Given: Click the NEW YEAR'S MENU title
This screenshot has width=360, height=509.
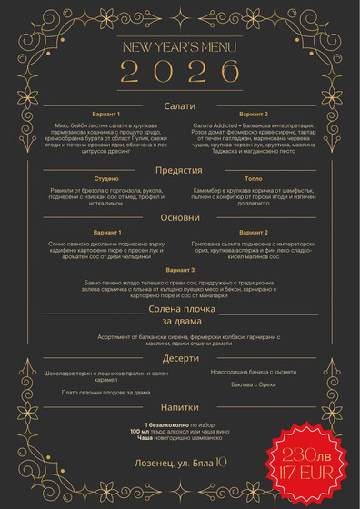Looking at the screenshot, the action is click(x=179, y=47).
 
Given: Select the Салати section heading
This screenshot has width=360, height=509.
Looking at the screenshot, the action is click(x=179, y=106).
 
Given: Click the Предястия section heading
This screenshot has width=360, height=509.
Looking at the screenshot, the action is click(x=179, y=170).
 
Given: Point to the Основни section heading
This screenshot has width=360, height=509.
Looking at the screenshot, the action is click(x=179, y=217).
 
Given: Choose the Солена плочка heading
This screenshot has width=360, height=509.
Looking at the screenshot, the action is click(x=179, y=309).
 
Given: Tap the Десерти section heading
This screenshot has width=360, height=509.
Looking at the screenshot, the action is click(x=179, y=358).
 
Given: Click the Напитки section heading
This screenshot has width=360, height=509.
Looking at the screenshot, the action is click(x=179, y=407).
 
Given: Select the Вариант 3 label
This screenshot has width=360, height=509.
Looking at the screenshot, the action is click(x=179, y=270).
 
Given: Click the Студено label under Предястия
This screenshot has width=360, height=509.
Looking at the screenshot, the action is click(x=106, y=179).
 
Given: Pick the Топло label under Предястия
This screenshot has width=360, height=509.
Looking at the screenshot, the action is click(x=253, y=179).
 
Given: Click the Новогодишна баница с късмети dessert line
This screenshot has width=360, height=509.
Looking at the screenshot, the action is click(x=254, y=371).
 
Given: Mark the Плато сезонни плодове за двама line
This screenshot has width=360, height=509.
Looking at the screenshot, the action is click(x=106, y=392).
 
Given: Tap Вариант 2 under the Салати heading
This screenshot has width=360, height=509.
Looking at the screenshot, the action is click(x=253, y=114).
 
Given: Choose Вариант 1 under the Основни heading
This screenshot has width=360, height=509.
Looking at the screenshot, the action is click(x=106, y=233).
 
